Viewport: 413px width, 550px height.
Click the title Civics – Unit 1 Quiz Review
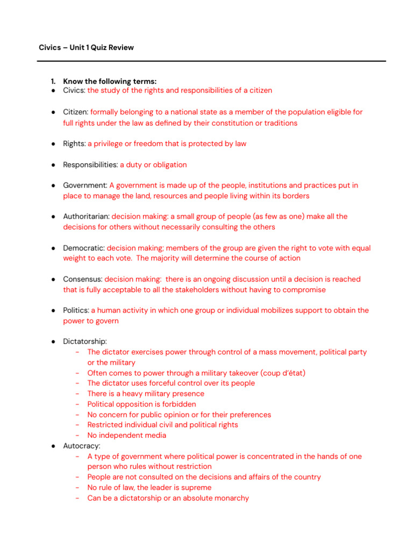(x=86, y=48)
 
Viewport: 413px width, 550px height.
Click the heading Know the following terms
(x=110, y=82)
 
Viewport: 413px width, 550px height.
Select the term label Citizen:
(x=75, y=112)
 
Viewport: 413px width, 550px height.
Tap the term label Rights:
(x=74, y=144)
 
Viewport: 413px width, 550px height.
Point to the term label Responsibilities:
(x=90, y=165)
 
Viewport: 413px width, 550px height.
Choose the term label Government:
(x=85, y=185)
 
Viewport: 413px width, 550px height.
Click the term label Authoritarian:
(x=86, y=216)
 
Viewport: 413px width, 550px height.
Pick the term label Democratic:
(x=84, y=248)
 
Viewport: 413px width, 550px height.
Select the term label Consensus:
(x=82, y=279)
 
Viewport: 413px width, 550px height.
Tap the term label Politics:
(x=76, y=310)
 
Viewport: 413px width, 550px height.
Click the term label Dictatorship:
(x=85, y=342)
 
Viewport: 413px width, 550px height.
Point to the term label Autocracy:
(x=82, y=446)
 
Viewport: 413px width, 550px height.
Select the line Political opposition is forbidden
(x=141, y=404)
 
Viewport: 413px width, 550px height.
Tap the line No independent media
(x=126, y=436)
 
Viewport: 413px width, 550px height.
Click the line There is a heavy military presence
(x=146, y=394)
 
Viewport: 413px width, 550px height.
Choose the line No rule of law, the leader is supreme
(x=149, y=488)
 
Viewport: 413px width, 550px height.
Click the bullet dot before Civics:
(x=54, y=91)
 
